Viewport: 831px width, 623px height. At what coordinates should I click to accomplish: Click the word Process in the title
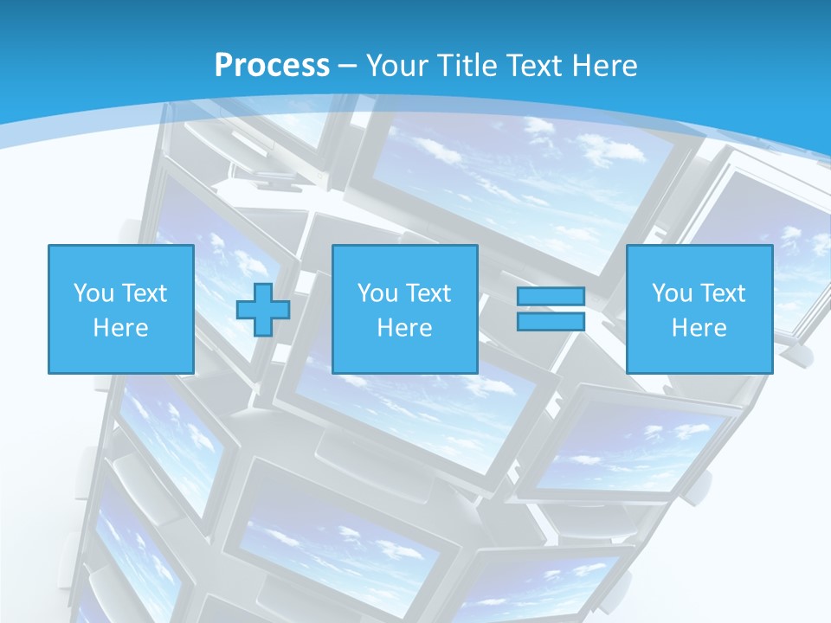[272, 66]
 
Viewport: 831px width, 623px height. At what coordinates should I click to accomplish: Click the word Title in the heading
[465, 66]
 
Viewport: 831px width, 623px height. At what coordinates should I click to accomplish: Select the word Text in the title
[532, 66]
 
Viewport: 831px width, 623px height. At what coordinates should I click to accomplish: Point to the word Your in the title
[397, 66]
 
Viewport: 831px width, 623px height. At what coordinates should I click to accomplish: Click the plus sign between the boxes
[263, 310]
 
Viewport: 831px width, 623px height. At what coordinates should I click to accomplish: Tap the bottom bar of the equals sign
[551, 321]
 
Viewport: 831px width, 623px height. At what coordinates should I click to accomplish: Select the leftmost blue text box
[120, 309]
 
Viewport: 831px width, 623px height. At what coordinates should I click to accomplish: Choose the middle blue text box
[404, 309]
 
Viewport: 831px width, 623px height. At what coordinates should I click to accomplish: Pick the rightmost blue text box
[699, 309]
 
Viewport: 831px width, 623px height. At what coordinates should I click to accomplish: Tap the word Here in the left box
[120, 328]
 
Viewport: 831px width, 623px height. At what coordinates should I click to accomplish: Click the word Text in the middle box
[427, 293]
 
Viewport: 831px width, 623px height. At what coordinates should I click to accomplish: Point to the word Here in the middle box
[404, 328]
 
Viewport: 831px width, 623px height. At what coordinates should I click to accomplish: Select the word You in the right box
[672, 293]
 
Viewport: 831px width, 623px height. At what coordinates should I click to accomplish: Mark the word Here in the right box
[699, 328]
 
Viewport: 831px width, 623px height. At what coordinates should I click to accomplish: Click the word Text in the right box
[721, 293]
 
